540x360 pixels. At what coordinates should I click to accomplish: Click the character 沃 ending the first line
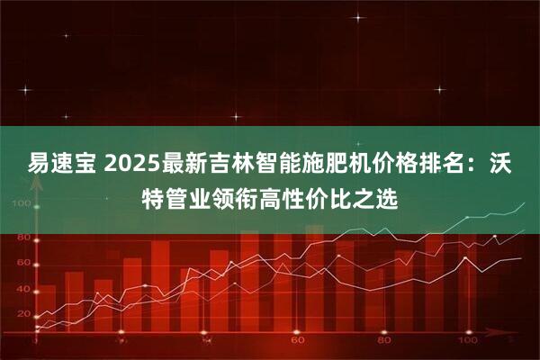point(520,165)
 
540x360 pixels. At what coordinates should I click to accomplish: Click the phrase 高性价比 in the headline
point(308,195)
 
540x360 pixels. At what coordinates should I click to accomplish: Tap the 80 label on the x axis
point(383,342)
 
